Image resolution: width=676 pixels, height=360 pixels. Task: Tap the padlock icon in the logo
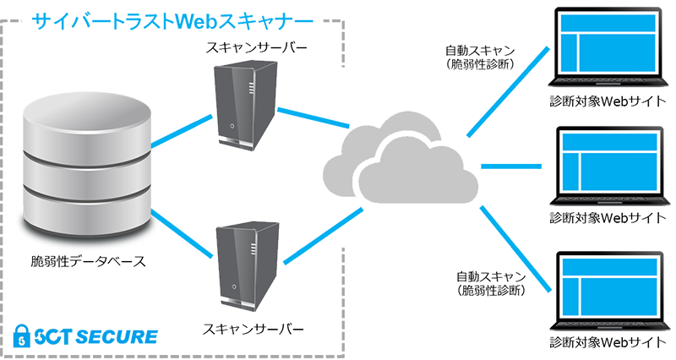point(19,336)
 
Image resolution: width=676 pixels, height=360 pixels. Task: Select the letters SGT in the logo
point(52,337)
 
